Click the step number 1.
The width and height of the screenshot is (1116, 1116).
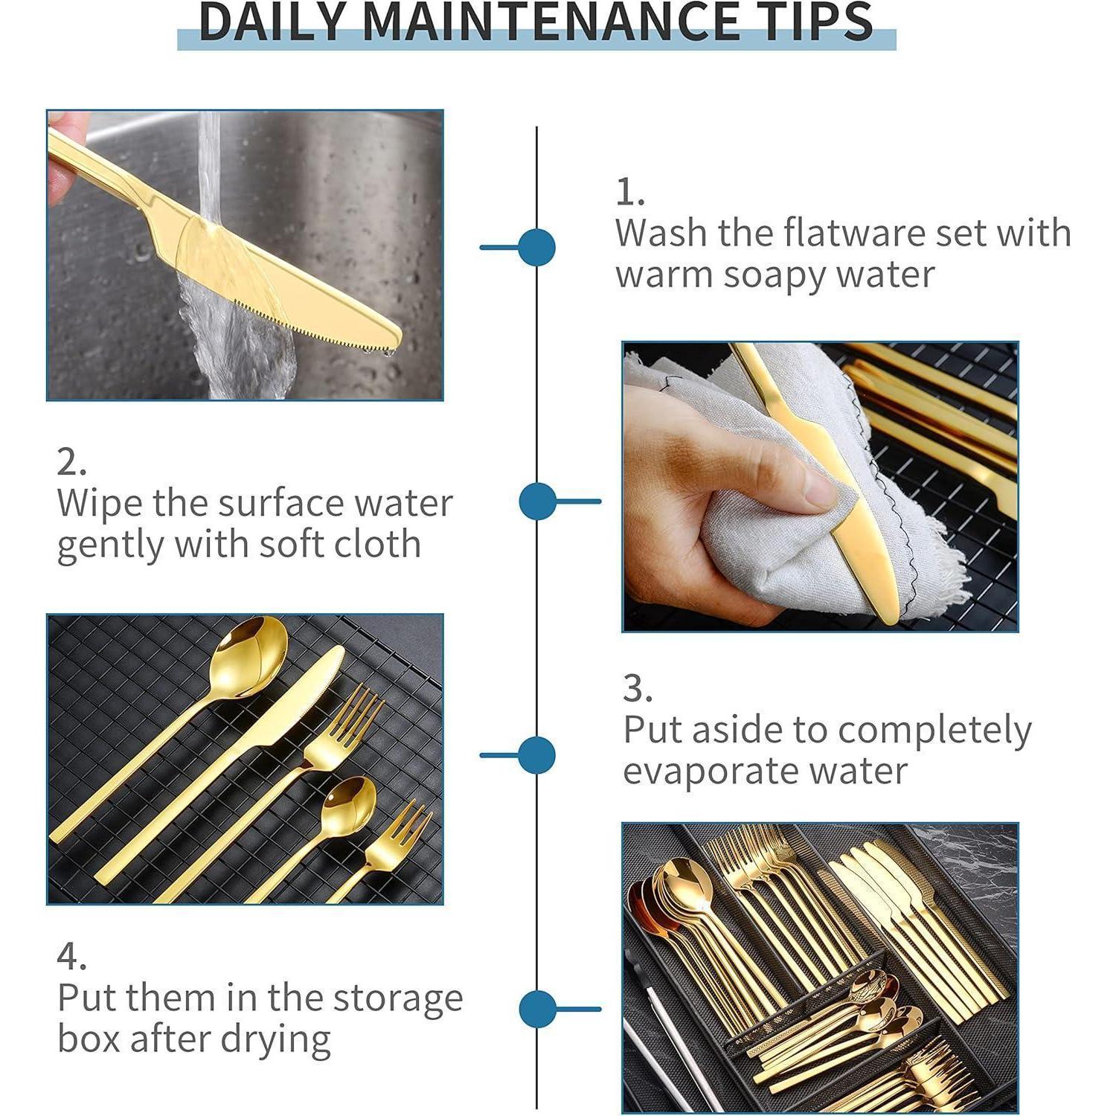click(629, 192)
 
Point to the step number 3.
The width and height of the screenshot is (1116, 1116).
click(638, 688)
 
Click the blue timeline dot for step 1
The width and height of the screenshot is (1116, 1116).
click(536, 247)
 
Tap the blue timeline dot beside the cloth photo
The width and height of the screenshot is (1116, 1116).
click(537, 501)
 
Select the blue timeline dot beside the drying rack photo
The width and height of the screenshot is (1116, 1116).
click(536, 755)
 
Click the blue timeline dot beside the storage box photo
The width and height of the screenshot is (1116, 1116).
click(537, 1010)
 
